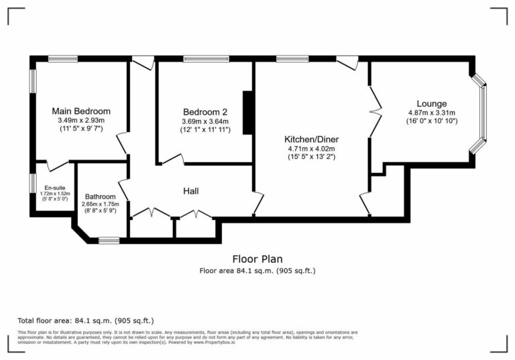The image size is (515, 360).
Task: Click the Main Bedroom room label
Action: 81,111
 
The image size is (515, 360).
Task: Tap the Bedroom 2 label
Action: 205,111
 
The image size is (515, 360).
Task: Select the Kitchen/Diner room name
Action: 310,139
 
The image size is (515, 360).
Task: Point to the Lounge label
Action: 431,103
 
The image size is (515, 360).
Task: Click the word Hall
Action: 190,192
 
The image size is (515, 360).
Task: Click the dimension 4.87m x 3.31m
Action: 431,113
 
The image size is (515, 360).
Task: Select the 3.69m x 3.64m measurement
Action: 205,121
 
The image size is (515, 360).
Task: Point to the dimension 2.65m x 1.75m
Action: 99,204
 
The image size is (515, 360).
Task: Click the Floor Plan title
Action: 257,259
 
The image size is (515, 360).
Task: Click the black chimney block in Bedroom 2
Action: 247,112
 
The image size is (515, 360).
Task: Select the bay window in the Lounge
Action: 481,113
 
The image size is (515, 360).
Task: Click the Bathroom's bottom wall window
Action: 109,239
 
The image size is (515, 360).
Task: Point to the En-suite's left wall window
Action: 32,183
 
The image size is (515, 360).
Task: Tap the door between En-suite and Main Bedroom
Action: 57,165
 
